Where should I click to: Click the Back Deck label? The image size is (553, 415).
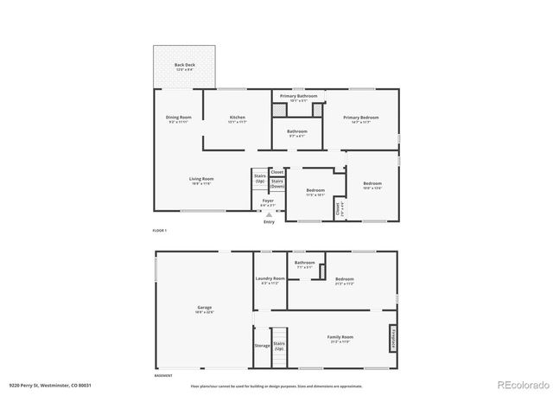(x=184, y=67)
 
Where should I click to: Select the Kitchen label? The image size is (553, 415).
(x=237, y=118)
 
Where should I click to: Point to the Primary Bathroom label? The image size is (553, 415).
(x=298, y=97)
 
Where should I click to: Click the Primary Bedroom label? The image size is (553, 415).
(x=360, y=118)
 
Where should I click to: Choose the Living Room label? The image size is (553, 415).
(x=201, y=180)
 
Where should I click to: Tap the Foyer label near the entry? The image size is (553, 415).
(x=269, y=201)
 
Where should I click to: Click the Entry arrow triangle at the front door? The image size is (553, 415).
(x=269, y=213)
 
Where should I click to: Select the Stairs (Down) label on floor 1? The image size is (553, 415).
(x=276, y=183)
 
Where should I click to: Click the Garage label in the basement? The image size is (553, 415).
(x=205, y=309)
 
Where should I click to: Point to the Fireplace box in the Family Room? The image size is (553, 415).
(x=393, y=337)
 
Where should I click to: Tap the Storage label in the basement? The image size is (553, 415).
(x=261, y=345)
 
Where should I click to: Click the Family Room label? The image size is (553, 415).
(x=340, y=337)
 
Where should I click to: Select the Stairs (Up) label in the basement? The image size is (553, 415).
(x=279, y=345)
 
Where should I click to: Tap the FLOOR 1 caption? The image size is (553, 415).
(x=159, y=231)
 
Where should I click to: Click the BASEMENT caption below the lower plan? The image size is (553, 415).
(x=163, y=376)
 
